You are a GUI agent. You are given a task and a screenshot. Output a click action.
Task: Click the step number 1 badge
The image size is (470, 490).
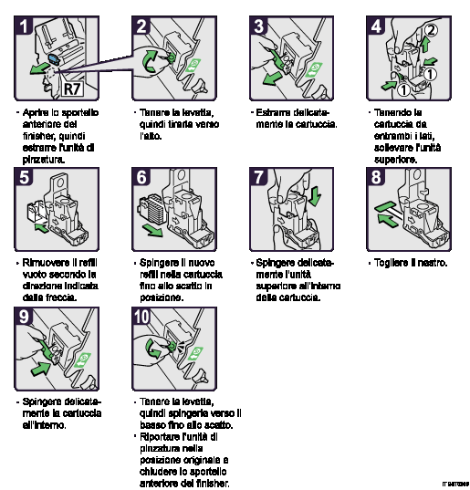coord(26,26)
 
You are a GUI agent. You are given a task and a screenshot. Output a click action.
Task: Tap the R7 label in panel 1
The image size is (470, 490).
coord(73,89)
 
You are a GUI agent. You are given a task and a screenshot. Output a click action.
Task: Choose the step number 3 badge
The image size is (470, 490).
coord(260,26)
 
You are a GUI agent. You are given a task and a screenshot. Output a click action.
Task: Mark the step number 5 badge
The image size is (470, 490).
coord(26,177)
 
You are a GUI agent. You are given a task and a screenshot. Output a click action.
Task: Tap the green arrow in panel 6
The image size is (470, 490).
coord(154,232)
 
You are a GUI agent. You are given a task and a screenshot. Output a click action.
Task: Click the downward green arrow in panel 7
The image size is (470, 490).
coord(315,194)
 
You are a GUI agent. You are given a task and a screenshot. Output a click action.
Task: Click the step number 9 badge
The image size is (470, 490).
coord(26,318)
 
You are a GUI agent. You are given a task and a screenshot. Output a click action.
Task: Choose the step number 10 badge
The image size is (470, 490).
coord(144,318)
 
